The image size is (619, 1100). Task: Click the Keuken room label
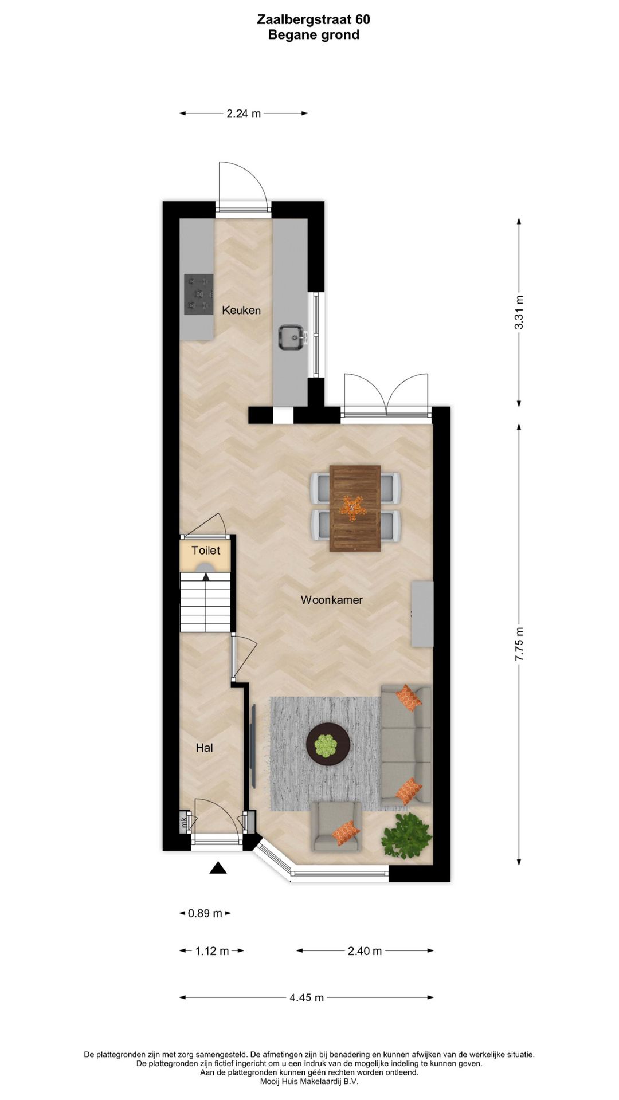(x=241, y=311)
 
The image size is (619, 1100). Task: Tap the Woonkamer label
(x=331, y=600)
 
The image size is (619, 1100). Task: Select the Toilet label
(x=206, y=551)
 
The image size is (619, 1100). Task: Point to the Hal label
(x=204, y=748)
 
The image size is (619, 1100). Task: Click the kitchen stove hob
(x=198, y=294)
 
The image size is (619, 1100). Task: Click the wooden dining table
(x=355, y=508)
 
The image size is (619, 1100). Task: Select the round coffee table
(x=328, y=745)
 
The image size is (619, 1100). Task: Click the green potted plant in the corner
(x=407, y=835)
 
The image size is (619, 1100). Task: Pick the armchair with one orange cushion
(x=336, y=826)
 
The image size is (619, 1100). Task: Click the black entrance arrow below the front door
(x=218, y=868)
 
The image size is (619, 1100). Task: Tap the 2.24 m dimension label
(x=244, y=113)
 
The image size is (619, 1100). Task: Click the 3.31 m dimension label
(x=519, y=312)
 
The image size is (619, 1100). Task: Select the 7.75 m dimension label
(x=519, y=645)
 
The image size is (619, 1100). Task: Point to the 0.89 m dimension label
(x=205, y=913)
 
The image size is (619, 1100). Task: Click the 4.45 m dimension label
(x=307, y=997)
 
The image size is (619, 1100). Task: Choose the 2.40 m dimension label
(x=365, y=951)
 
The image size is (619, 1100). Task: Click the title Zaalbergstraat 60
(x=314, y=19)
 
